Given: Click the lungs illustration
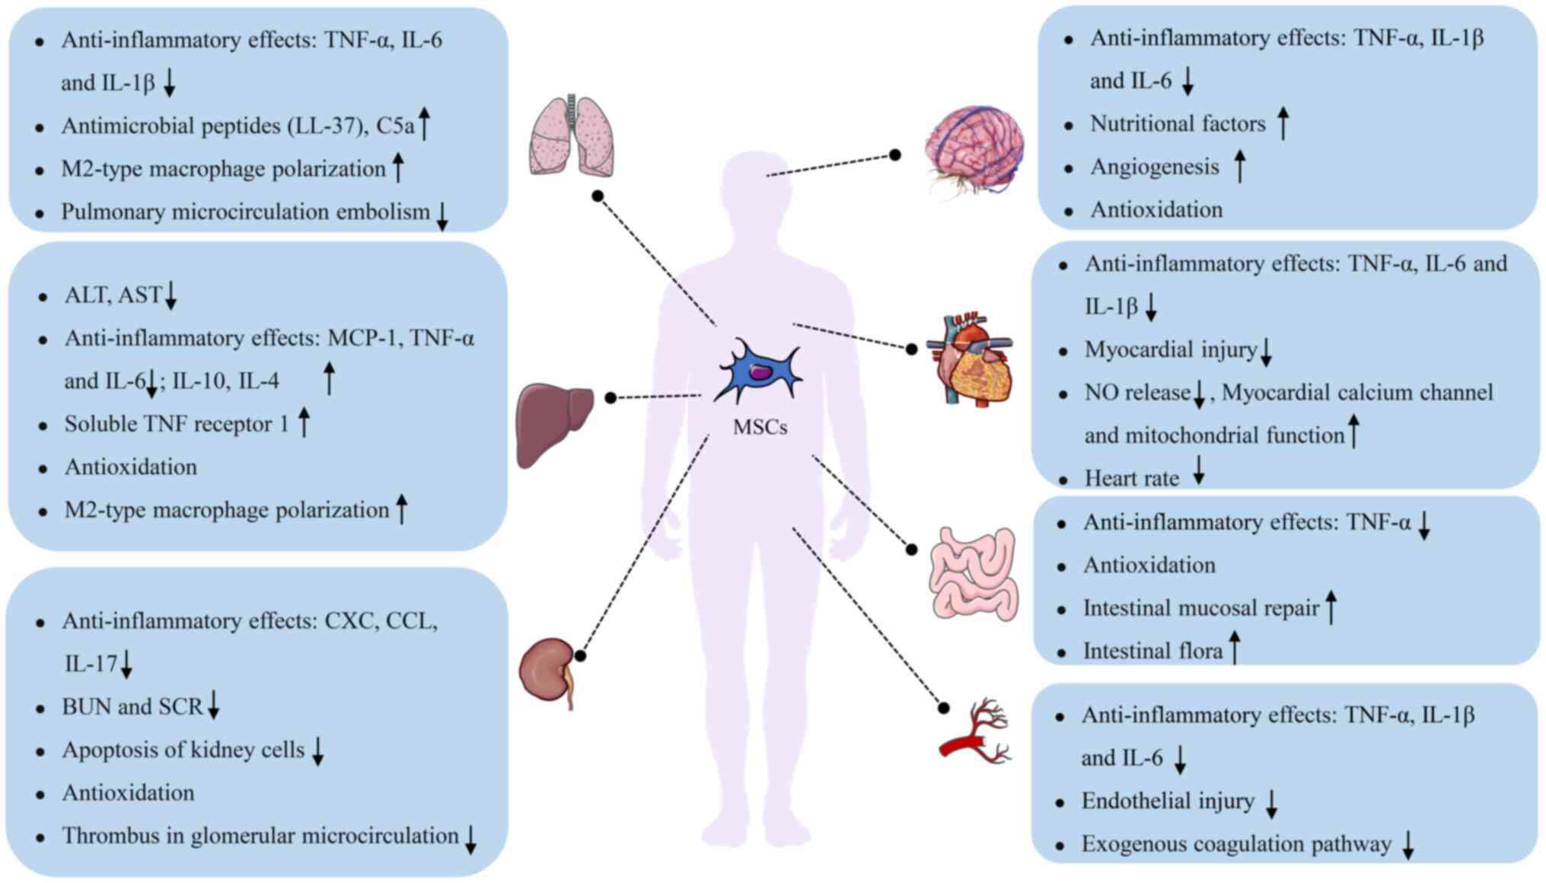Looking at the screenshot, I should tap(572, 135).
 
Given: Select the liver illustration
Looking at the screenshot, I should tap(554, 425).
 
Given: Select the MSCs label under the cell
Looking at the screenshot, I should tap(760, 427).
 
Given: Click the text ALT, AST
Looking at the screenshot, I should tap(113, 295).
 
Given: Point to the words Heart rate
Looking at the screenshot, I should tap(1131, 478).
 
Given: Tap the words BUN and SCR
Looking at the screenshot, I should tap(132, 706).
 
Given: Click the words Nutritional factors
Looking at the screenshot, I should tap(1178, 123).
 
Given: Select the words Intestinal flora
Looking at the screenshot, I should tap(1152, 651).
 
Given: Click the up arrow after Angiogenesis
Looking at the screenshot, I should tap(1239, 166).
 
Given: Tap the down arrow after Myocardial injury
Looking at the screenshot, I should tap(1266, 352).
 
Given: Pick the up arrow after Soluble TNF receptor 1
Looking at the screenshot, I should tap(304, 422).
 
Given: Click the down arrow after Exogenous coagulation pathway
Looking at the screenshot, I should tap(1408, 845).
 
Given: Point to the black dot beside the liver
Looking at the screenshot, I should tap(610, 397).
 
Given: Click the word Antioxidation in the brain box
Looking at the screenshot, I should tap(1156, 209).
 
